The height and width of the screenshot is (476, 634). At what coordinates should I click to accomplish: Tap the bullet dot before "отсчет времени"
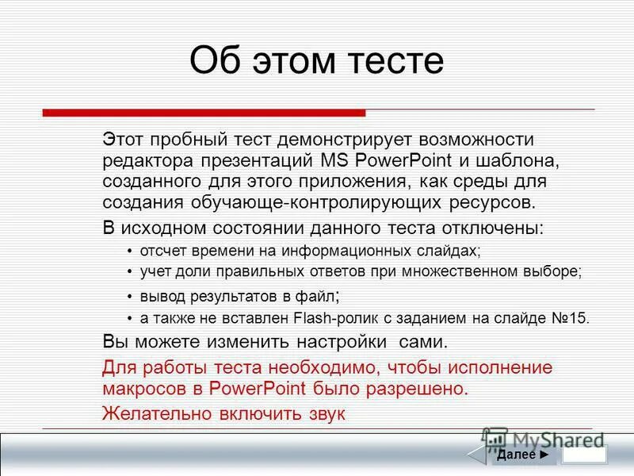click(x=130, y=251)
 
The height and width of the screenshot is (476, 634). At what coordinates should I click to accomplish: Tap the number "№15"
click(x=569, y=319)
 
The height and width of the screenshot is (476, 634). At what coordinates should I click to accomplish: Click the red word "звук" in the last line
click(x=325, y=413)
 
